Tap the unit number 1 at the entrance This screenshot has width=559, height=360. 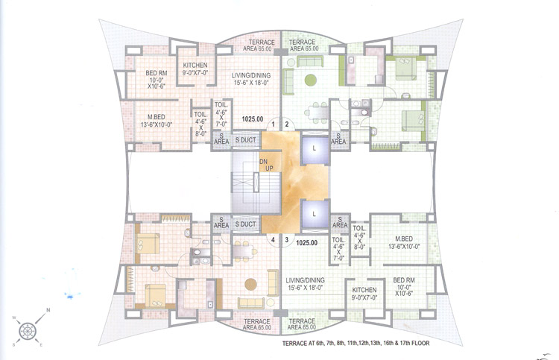coord(274,124)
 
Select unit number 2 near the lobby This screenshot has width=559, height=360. coord(285,124)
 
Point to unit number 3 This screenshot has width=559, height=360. coord(285,240)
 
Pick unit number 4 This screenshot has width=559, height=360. coord(274,240)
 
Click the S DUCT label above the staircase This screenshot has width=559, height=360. coord(246,139)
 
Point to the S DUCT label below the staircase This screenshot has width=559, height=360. coord(246,224)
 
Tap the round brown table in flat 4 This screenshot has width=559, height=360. coord(250,283)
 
